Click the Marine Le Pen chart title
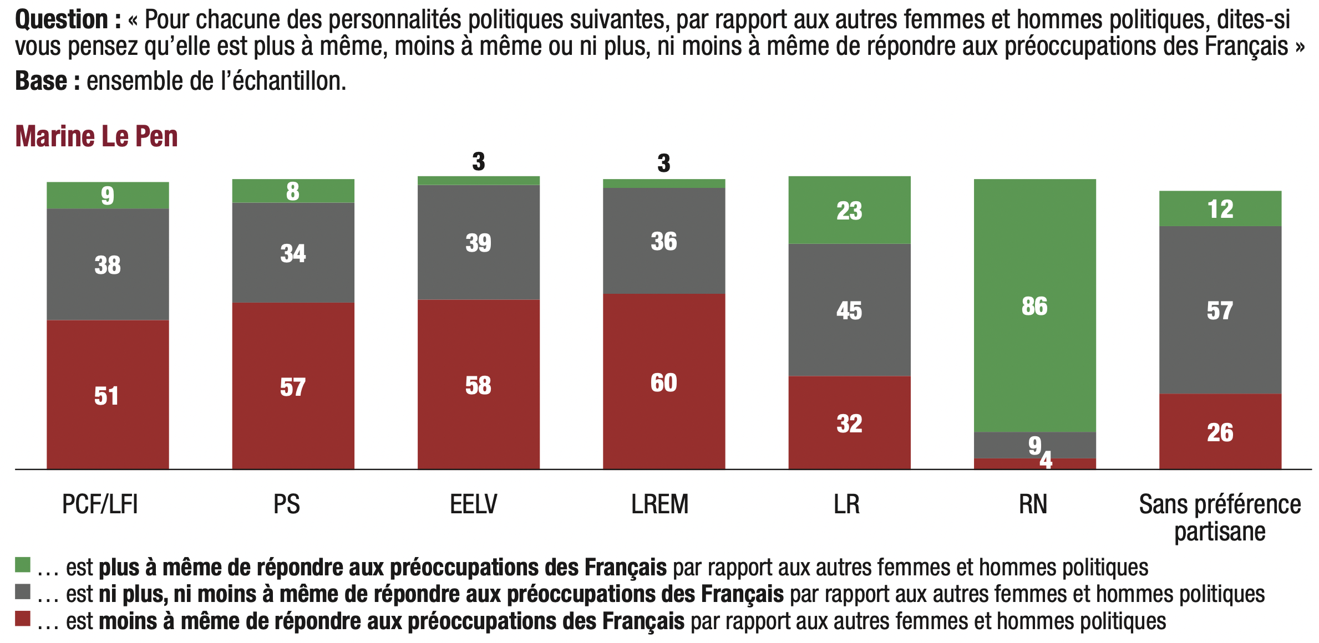[x=96, y=136]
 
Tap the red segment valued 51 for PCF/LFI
[x=108, y=395]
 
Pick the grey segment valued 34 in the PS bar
[x=293, y=253]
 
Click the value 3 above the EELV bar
[x=478, y=162]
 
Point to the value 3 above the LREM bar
[x=663, y=164]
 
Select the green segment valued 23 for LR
[x=849, y=211]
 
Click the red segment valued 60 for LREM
[x=663, y=382]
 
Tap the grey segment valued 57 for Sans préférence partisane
[x=1220, y=310]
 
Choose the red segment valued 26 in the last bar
[x=1220, y=432]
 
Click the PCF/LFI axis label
[x=100, y=504]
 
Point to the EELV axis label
[x=473, y=504]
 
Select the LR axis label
[x=846, y=504]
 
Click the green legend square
[x=23, y=565]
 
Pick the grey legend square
[x=23, y=591]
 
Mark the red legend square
[x=23, y=619]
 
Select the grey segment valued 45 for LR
[x=849, y=310]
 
